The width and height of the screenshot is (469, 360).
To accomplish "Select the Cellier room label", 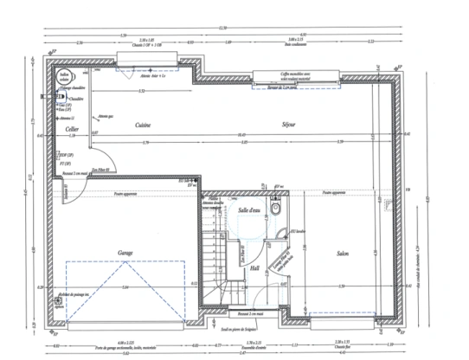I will [73, 130].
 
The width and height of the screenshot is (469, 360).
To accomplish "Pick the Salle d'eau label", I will [248, 210].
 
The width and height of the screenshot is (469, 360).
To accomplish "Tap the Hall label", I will [255, 269].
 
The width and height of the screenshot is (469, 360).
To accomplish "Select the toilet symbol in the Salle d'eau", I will [275, 209].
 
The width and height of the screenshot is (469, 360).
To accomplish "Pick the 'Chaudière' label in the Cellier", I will [77, 98].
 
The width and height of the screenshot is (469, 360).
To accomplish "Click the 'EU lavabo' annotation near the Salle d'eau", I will [299, 231].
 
